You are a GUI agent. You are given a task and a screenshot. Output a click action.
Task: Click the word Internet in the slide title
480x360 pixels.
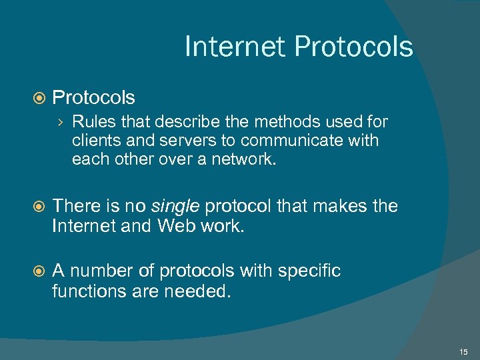pos(235,47)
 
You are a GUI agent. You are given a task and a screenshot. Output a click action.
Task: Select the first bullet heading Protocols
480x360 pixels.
pos(93,98)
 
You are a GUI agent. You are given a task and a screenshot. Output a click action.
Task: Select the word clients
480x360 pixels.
pos(94,141)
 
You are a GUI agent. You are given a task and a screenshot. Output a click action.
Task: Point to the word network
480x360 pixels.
pos(241,160)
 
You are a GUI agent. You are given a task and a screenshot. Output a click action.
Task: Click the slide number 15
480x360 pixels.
pos(463,351)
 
